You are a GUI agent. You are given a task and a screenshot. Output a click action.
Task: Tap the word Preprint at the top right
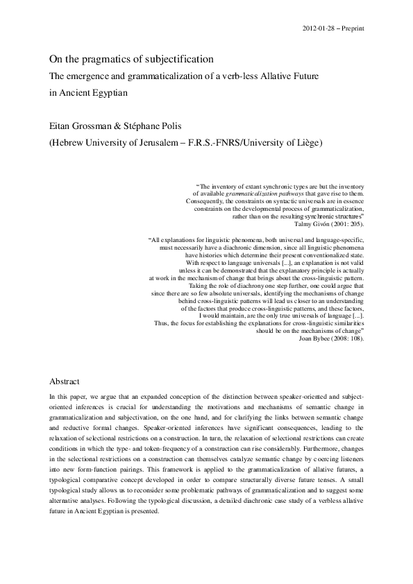click(353, 28)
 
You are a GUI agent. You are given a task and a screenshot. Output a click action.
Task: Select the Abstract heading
click(65, 381)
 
